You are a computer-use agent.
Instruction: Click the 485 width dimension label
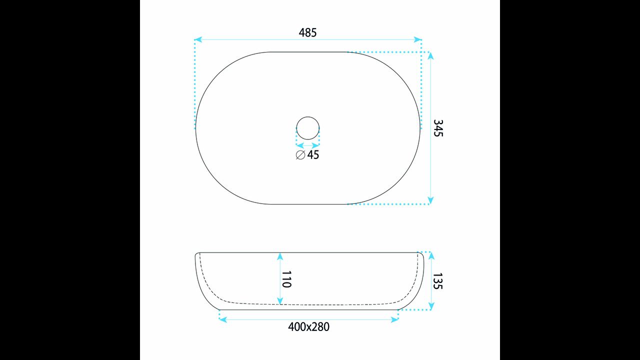[307, 33]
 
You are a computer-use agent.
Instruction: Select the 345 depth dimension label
[438, 128]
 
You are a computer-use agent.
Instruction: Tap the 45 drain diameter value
[313, 155]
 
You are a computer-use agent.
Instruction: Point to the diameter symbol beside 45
[300, 155]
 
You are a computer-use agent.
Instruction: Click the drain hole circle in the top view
[307, 117]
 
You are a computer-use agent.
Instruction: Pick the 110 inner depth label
[286, 279]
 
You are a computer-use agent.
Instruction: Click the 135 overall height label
[437, 281]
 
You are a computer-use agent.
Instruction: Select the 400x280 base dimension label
[308, 327]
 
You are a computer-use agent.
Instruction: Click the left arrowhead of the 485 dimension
[198, 39]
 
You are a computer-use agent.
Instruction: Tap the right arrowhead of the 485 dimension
[418, 39]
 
